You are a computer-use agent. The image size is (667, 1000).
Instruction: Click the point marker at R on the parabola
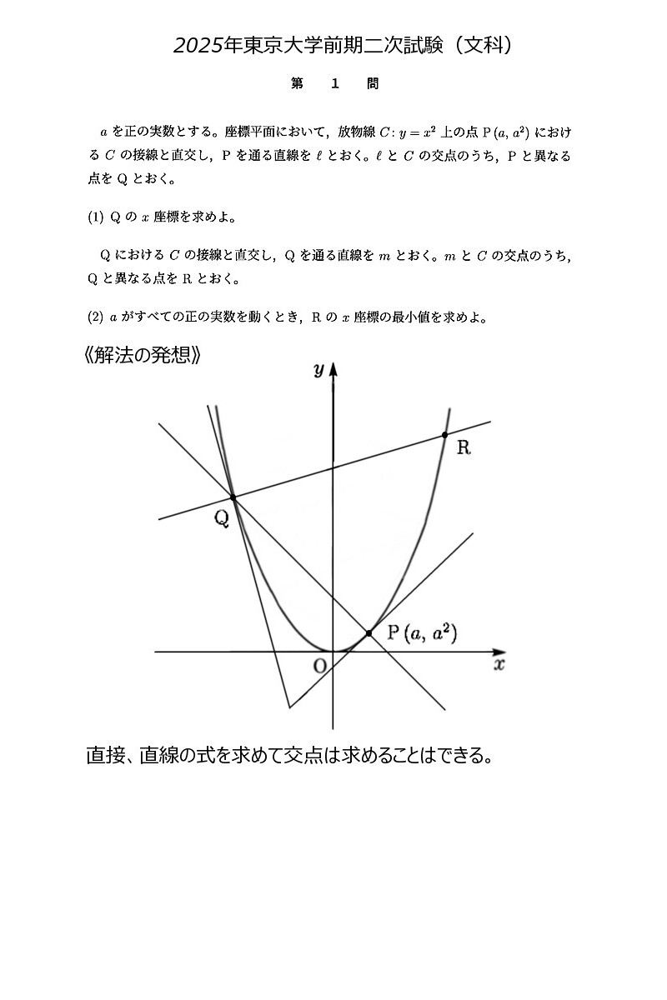444,435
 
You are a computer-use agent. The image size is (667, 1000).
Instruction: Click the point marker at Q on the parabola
233,497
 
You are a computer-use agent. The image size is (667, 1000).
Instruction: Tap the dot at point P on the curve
369,633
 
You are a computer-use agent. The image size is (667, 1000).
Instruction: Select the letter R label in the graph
464,448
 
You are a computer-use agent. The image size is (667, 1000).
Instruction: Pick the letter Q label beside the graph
221,518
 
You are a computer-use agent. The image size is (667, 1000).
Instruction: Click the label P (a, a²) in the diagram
422,633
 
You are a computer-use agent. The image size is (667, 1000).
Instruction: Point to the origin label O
318,665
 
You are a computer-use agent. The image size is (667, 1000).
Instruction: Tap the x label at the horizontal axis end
499,665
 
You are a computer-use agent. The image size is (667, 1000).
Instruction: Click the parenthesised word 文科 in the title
486,46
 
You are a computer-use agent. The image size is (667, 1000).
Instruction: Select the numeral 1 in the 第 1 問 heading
334,84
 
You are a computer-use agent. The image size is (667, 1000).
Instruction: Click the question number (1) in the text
96,217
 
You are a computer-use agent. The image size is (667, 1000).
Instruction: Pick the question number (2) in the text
96,317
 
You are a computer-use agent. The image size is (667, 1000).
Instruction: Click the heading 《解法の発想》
143,355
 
